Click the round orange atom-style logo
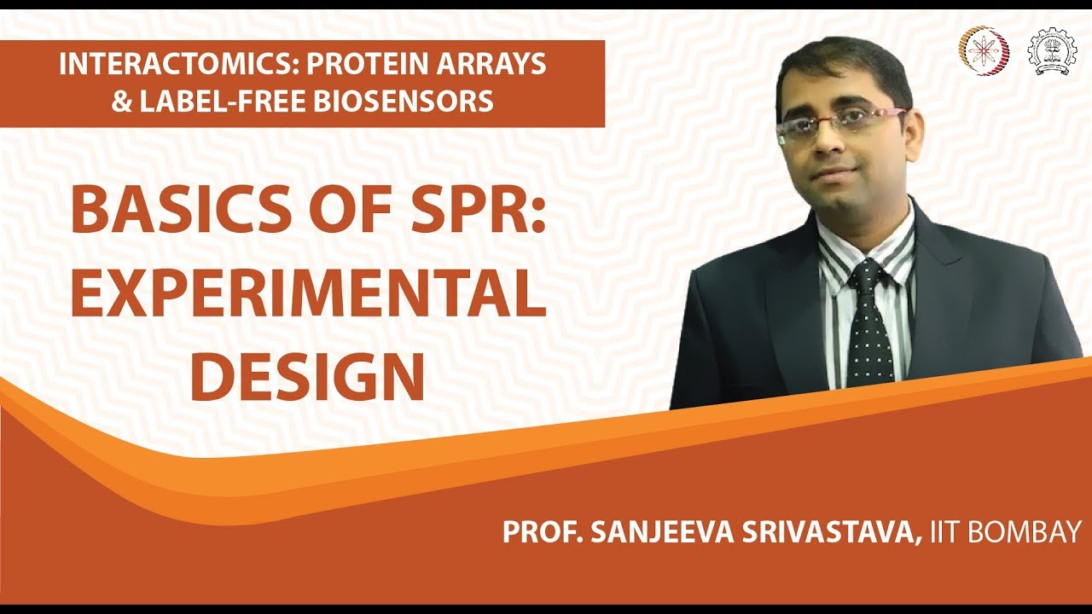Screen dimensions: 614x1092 point(984,51)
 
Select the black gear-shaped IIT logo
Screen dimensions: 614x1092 point(1052,52)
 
